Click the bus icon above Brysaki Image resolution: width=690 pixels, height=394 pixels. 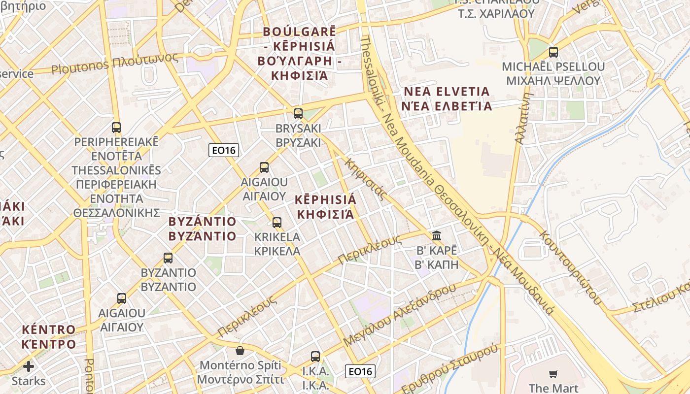tap(298, 114)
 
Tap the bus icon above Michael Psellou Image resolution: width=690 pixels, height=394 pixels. tap(553, 52)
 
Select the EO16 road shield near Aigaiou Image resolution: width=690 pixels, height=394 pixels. tap(223, 150)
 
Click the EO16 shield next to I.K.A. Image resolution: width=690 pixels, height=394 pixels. tap(360, 371)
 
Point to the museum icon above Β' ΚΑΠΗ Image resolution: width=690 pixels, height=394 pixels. tap(437, 235)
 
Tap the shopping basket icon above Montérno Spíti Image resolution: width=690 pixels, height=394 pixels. tap(240, 351)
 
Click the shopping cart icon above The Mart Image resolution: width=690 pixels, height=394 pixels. tap(553, 374)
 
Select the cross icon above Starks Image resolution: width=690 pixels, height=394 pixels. tap(29, 366)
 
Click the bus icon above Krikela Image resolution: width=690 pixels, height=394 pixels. tap(277, 222)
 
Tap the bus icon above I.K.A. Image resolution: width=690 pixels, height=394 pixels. tap(315, 356)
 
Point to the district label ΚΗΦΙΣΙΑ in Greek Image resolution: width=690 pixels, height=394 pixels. tap(326, 214)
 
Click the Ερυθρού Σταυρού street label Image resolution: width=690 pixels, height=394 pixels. tap(449, 369)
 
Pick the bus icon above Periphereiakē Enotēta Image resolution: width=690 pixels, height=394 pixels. tap(116, 128)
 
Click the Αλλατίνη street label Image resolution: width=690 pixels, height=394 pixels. tap(523, 118)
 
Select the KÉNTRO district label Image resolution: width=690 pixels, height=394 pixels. tap(48, 329)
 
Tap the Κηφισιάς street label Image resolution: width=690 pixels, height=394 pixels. tap(365, 178)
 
